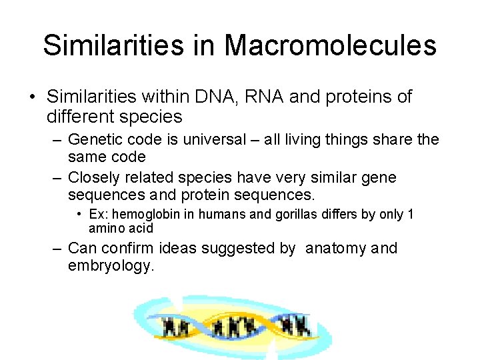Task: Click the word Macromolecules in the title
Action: (330, 45)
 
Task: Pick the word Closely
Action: (95, 177)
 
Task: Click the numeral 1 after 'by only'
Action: (410, 215)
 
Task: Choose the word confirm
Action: (130, 249)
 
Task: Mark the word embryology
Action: (111, 265)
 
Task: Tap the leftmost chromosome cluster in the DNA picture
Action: (176, 326)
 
